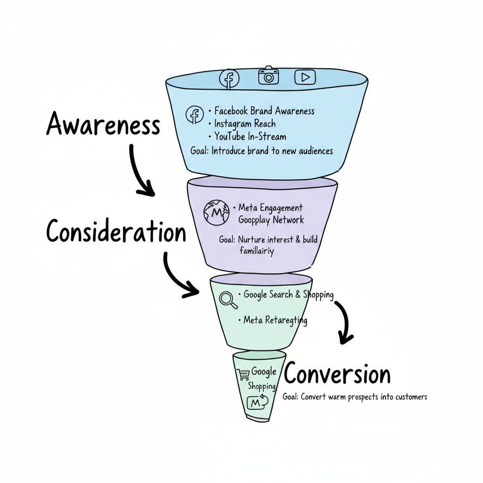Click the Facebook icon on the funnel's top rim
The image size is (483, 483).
(x=229, y=78)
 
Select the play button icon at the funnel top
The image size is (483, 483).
(x=305, y=77)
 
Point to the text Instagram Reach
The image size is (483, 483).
(x=245, y=124)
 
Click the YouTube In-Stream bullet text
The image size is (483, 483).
(x=250, y=137)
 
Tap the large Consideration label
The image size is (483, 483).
(x=116, y=232)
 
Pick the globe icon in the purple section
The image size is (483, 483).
(x=216, y=212)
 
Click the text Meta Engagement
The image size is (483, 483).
(x=271, y=208)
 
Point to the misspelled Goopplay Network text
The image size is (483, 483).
(x=271, y=220)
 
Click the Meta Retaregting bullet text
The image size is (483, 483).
(x=275, y=320)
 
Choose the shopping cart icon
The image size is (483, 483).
(x=243, y=375)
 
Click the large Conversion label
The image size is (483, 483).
(x=337, y=375)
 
